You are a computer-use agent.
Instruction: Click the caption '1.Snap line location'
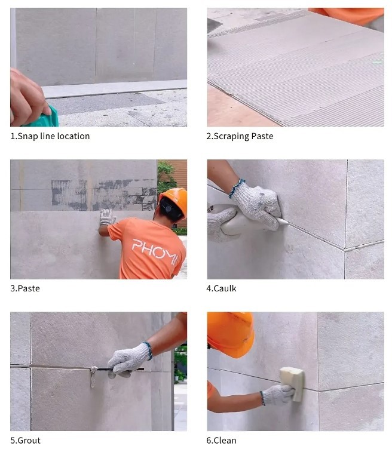(50, 136)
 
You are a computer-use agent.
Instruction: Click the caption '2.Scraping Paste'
(240, 136)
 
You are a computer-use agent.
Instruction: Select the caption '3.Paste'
(25, 288)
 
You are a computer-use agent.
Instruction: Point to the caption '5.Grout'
(25, 441)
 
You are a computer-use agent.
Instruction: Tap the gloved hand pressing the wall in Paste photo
(107, 217)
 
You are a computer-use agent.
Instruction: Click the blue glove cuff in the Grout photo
(148, 349)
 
